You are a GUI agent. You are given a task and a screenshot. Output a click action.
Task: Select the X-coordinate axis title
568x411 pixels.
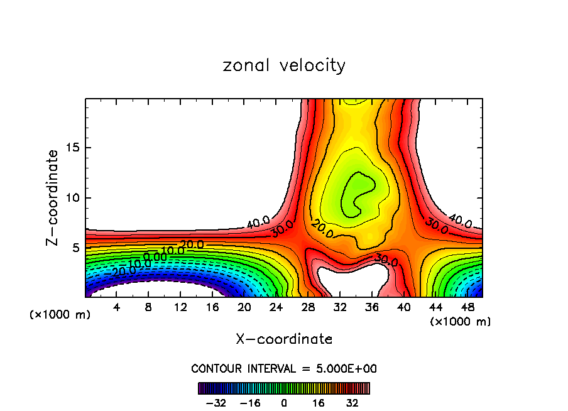point(284,339)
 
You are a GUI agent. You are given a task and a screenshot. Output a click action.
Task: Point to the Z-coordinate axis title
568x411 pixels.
point(53,197)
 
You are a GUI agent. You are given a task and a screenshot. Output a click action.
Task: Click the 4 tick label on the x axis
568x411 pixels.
point(116,307)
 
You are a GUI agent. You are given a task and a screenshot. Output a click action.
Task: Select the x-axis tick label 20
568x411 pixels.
point(244,307)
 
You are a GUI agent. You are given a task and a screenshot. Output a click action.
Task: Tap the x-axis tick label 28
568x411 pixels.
point(308,307)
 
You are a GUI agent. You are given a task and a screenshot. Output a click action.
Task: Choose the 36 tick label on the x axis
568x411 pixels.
point(372,307)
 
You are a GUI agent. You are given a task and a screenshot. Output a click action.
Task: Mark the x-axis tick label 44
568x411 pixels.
point(436,307)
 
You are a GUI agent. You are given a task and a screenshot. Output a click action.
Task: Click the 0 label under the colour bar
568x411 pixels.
point(284,403)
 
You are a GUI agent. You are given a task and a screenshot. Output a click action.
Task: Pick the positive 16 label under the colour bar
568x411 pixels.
point(319,403)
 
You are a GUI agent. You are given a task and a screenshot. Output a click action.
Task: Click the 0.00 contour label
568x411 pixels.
point(155,256)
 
